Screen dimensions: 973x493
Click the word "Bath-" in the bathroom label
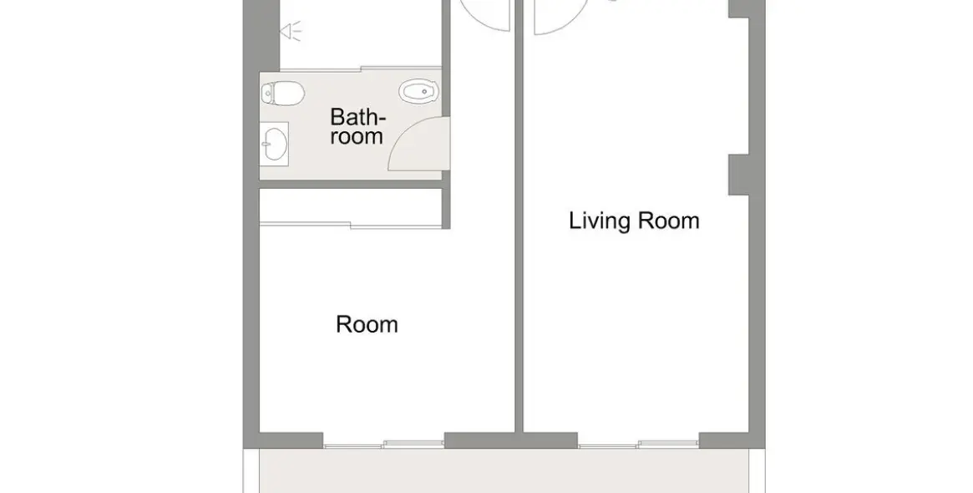[357, 117]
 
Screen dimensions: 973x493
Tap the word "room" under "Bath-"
[356, 136]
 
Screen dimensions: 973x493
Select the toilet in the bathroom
[282, 93]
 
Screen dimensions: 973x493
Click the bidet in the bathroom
[420, 92]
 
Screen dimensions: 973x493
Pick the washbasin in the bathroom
[274, 144]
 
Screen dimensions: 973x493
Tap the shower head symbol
[291, 30]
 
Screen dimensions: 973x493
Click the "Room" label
[367, 324]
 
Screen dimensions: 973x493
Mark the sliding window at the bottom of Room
[383, 444]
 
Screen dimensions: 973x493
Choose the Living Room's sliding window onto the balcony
[639, 444]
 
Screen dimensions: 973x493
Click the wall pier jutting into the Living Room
[738, 175]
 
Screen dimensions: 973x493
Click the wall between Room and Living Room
[519, 217]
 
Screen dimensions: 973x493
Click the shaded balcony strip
[504, 470]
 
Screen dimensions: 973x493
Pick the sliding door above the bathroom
[361, 68]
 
